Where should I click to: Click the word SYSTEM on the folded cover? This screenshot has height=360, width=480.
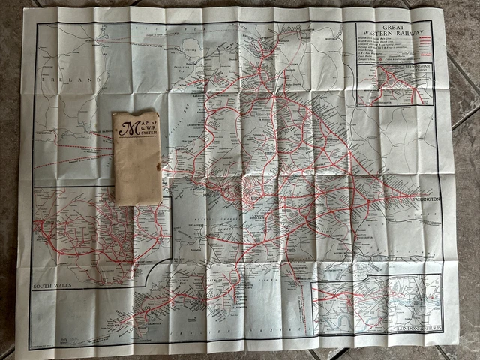(143, 147)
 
